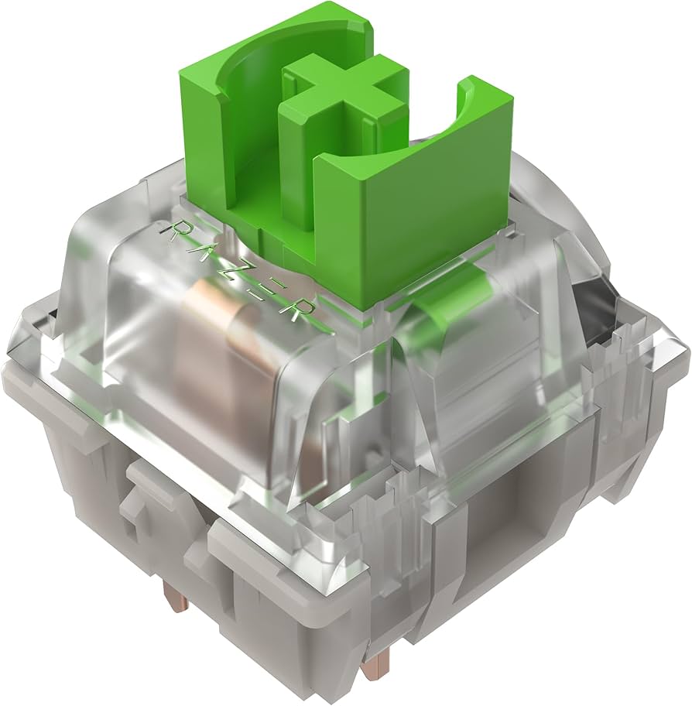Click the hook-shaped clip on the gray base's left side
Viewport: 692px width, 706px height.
(147, 495)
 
